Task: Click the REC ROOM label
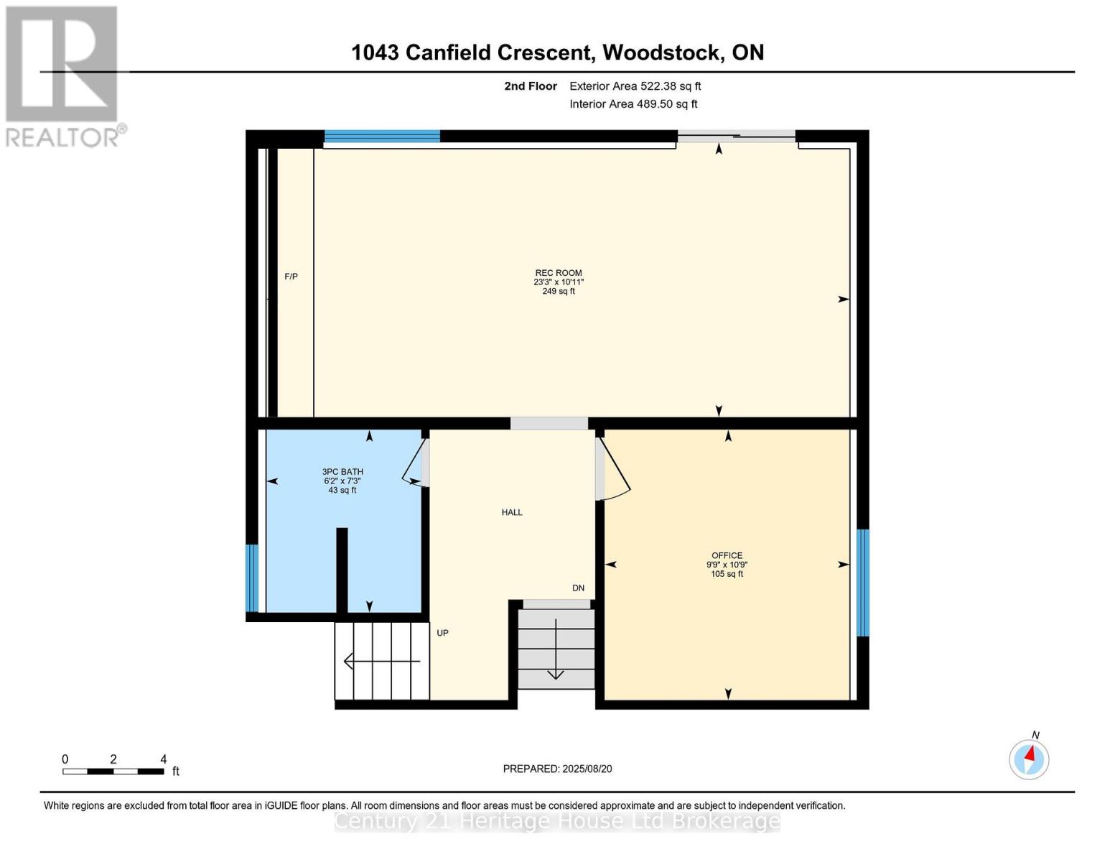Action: pos(558,273)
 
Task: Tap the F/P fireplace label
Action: pos(291,277)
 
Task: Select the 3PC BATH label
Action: pos(342,472)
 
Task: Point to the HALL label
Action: pos(512,512)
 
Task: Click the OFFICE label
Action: pos(727,555)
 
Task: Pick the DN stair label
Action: pos(578,588)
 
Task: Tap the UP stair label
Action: pos(442,633)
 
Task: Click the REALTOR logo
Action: pos(62,75)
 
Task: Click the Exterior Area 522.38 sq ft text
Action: pos(635,86)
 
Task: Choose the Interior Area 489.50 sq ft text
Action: pos(633,104)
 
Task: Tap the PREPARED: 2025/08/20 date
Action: pos(557,769)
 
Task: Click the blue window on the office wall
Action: pos(863,583)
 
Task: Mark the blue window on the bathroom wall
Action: pos(251,578)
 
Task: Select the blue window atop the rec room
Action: pos(382,136)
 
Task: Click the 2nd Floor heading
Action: pos(531,86)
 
